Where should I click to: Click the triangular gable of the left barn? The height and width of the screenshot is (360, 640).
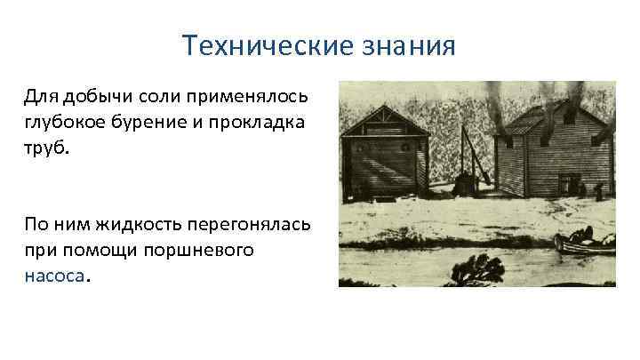pos(384,121)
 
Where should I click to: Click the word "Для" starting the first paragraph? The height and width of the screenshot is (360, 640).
pos(38,95)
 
